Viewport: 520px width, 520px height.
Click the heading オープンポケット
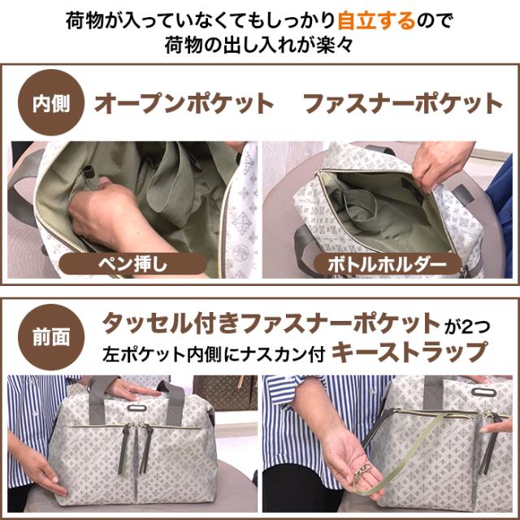tap(184, 105)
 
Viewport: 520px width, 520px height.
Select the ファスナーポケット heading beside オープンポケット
tap(403, 105)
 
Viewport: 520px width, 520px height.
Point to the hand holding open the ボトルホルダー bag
tap(439, 162)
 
